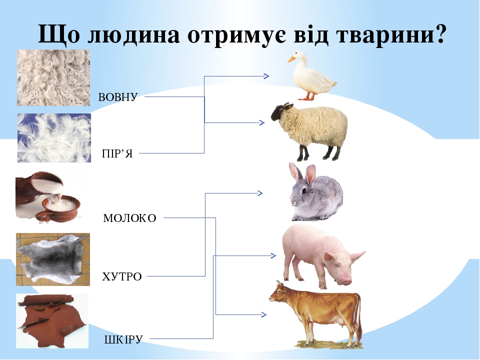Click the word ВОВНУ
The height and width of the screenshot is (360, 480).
(117, 97)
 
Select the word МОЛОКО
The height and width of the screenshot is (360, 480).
(130, 218)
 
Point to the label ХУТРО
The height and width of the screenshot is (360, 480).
(122, 276)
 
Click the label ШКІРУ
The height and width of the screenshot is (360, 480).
(123, 339)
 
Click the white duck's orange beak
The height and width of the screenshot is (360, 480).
(290, 60)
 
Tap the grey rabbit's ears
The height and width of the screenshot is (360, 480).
(302, 173)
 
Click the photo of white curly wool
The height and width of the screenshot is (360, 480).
(53, 77)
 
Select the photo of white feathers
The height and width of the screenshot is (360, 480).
(54, 137)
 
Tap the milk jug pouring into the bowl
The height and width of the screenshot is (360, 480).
(40, 192)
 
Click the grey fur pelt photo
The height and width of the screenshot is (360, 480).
(52, 259)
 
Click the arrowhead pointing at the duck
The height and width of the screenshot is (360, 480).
(266, 76)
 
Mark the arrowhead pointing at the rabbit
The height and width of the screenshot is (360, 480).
(260, 192)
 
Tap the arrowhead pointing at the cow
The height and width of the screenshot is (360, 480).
(263, 314)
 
